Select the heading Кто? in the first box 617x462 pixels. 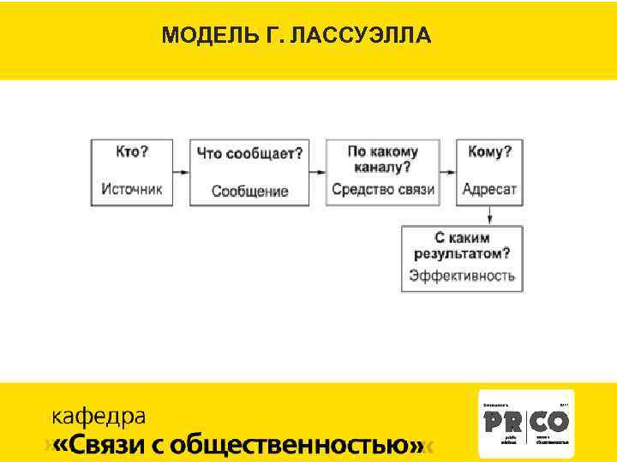pos(132,151)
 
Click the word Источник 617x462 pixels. pos(132,189)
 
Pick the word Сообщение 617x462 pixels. pos(250,191)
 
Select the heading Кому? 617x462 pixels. pos(490,151)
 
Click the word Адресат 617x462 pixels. pos(490,189)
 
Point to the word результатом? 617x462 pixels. pos(462,253)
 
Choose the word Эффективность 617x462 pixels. pos(462,275)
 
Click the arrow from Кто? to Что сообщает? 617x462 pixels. pos(181,171)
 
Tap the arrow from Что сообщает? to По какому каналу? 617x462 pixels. pos(317,171)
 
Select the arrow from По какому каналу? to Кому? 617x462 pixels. pos(447,171)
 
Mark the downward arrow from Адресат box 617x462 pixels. pos(489,215)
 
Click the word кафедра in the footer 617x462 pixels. pos(99,417)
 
